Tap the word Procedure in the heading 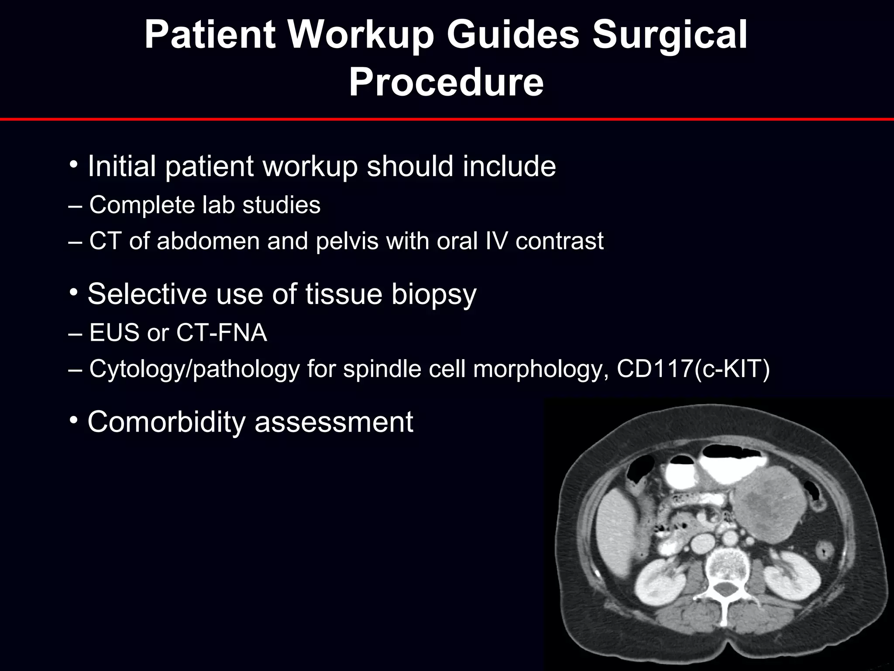(446, 83)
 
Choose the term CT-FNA (221, 333)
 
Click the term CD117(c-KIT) (693, 369)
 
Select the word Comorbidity (166, 422)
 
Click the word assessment (334, 422)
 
